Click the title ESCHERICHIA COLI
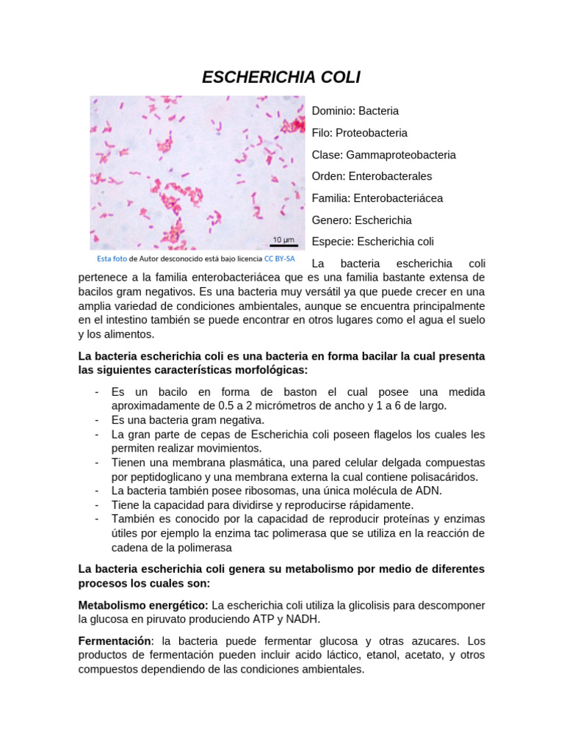(x=281, y=77)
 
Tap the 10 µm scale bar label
(x=283, y=239)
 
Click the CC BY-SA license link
(x=280, y=258)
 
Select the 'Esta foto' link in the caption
(x=112, y=258)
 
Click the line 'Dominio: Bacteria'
(x=355, y=111)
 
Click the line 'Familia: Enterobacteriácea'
(x=377, y=198)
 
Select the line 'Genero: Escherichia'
(x=361, y=220)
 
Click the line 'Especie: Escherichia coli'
(x=373, y=242)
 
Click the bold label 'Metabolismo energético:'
(x=143, y=605)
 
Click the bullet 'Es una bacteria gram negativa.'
(x=187, y=420)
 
